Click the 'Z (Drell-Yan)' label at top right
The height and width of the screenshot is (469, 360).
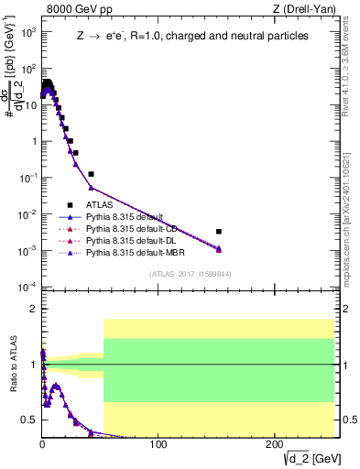point(300,9)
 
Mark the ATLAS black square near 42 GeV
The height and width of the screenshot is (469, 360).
point(91,174)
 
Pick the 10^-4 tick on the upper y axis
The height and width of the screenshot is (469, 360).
point(27,287)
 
